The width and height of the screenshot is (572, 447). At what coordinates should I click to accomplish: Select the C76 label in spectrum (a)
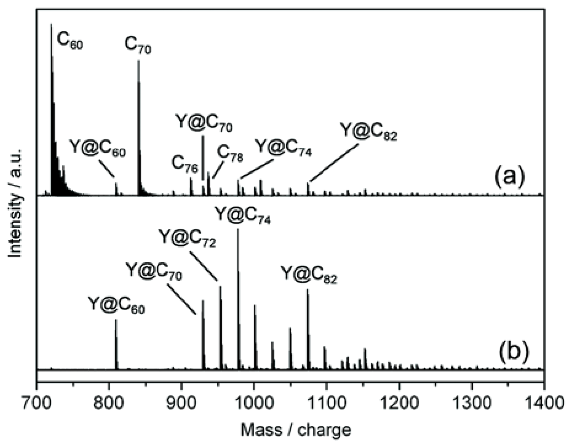(x=185, y=163)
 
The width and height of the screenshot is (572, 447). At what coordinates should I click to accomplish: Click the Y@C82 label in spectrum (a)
(x=368, y=131)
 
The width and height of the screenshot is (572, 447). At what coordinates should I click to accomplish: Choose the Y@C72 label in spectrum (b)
(x=187, y=238)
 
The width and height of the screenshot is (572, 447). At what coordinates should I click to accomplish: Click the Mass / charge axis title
(x=295, y=430)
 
